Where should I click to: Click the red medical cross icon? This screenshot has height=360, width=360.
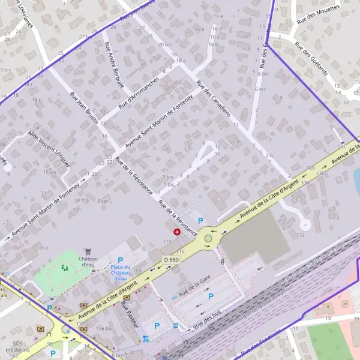pos(177,232)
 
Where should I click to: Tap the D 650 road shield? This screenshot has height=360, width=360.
pos(170,259)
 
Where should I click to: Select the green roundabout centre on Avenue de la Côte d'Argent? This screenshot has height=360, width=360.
pos(208,238)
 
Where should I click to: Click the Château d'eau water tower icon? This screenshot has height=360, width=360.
pos(89,251)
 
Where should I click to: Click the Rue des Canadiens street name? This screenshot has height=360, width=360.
pos(214,101)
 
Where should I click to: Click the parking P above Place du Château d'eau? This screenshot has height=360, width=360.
pos(121,260)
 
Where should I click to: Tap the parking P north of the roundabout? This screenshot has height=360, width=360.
pos(200,220)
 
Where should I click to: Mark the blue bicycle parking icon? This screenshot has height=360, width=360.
pos(146,339)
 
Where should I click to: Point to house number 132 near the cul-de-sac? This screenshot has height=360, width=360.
pos(300,235)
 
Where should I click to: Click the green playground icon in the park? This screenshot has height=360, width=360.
pos(64,270)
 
